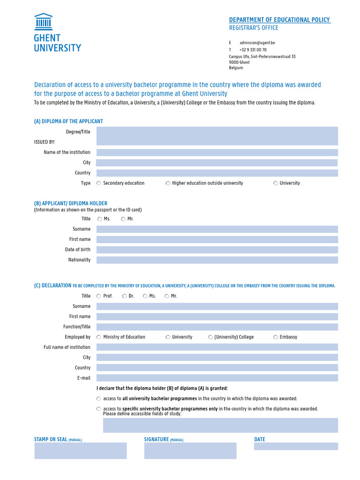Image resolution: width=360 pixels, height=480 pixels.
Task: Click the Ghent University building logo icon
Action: pyautogui.click(x=43, y=22)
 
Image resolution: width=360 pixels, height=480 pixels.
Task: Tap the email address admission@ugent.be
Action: pyautogui.click(x=257, y=43)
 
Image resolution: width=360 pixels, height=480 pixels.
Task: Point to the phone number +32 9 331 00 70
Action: pyautogui.click(x=253, y=50)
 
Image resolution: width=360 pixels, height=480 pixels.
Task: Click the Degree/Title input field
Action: pyautogui.click(x=217, y=136)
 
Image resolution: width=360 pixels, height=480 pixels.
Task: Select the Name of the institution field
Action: pyautogui.click(x=217, y=152)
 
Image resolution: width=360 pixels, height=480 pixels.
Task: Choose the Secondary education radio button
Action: pyautogui.click(x=99, y=183)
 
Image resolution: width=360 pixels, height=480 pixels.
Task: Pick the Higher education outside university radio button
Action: pyautogui.click(x=168, y=183)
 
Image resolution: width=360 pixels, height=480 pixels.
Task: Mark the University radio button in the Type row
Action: pyautogui.click(x=276, y=183)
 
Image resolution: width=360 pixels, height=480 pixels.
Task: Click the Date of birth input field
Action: pyautogui.click(x=217, y=250)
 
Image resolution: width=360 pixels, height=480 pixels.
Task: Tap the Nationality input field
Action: pyautogui.click(x=217, y=260)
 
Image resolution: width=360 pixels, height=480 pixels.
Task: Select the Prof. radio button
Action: pyautogui.click(x=99, y=296)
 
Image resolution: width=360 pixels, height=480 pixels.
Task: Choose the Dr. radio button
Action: pyautogui.click(x=124, y=296)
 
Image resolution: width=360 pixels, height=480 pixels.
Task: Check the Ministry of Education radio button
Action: pyautogui.click(x=99, y=337)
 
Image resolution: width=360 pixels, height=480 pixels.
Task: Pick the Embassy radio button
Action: pyautogui.click(x=276, y=337)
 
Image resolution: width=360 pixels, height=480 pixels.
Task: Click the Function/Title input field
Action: pyautogui.click(x=217, y=327)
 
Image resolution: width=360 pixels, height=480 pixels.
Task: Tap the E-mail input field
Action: pyautogui.click(x=217, y=378)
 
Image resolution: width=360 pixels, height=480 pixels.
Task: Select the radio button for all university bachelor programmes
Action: pyautogui.click(x=99, y=399)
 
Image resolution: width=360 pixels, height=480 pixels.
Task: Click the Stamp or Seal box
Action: pyautogui.click(x=81, y=450)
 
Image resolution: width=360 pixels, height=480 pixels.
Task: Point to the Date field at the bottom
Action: pyautogui.click(x=296, y=446)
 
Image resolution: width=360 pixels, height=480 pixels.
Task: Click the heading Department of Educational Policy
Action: pyautogui.click(x=279, y=20)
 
